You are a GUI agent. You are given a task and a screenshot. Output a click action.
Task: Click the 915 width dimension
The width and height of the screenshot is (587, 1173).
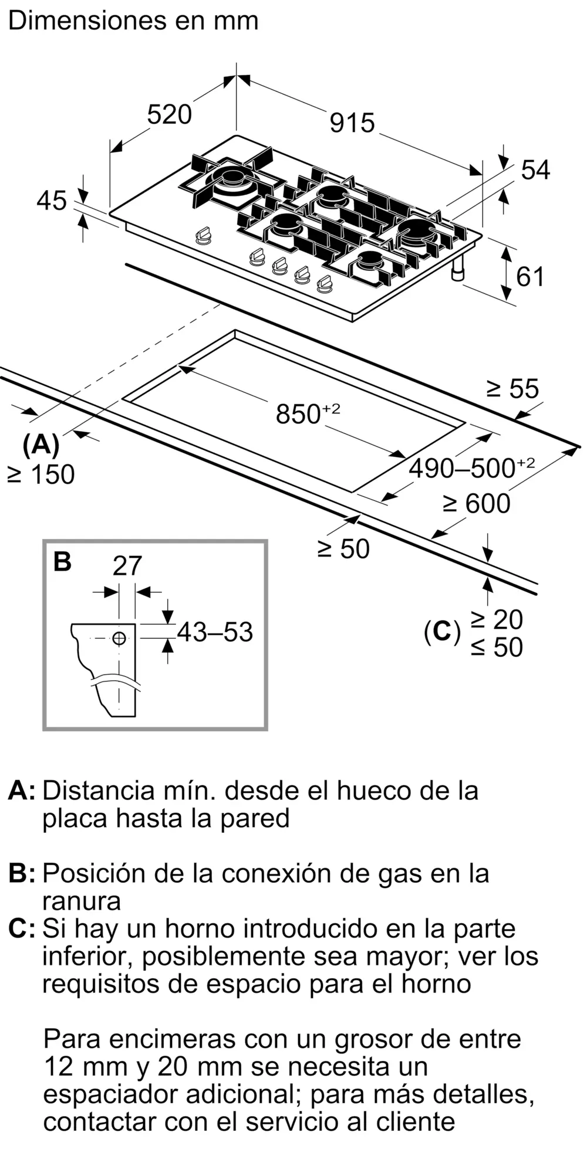352,123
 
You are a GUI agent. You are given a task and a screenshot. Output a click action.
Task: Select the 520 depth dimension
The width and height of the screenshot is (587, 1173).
169,114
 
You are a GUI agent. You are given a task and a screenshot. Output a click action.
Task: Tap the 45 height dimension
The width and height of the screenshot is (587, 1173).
52,201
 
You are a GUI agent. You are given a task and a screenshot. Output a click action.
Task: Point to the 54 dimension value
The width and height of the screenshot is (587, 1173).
535,170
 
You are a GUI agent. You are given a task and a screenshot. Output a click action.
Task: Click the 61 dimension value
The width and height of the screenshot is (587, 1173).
530,276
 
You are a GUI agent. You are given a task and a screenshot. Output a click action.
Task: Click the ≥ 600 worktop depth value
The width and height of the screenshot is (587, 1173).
476,504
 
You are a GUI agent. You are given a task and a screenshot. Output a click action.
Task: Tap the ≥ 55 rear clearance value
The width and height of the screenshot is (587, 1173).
512,389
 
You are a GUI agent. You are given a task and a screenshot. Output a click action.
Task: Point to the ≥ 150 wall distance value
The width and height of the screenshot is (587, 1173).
41,474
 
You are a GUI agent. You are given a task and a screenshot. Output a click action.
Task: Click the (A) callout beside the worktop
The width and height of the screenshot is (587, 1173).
41,445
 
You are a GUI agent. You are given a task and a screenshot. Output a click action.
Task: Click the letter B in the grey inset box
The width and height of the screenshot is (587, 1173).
62,561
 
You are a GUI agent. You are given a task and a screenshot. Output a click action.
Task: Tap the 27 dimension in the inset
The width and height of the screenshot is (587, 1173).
127,566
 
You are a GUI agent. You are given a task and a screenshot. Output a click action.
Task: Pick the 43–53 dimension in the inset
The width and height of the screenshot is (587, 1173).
214,632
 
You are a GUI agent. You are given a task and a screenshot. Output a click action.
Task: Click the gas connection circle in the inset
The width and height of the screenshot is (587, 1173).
119,638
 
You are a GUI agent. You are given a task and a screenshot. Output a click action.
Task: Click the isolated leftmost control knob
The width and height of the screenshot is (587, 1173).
203,236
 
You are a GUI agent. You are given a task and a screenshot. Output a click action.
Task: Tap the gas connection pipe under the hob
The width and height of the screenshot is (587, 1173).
458,270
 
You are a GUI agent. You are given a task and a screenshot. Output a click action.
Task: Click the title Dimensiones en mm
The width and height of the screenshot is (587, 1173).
133,21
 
